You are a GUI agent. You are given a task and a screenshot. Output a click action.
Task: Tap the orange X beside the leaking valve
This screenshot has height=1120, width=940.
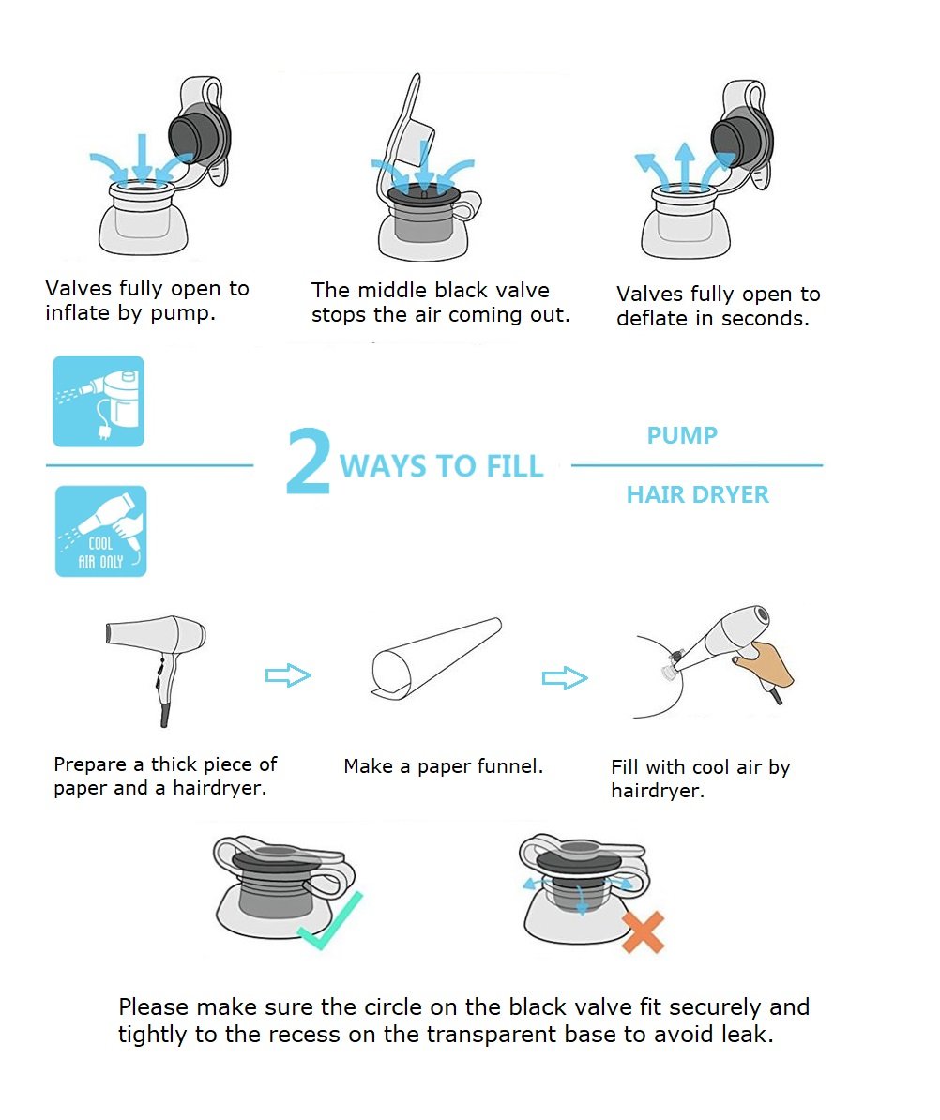click(x=644, y=932)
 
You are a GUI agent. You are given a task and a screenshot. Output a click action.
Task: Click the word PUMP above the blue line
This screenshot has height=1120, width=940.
click(x=682, y=435)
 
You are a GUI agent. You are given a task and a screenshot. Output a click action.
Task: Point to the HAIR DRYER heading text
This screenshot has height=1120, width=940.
click(x=698, y=494)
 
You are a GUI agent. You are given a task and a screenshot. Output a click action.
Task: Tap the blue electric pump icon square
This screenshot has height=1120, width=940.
click(x=99, y=401)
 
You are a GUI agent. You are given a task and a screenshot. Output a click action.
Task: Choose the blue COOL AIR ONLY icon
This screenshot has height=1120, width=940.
click(x=100, y=532)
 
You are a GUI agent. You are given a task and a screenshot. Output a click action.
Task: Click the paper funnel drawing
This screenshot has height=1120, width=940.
click(x=435, y=658)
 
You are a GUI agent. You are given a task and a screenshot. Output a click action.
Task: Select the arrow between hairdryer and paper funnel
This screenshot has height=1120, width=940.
click(x=288, y=675)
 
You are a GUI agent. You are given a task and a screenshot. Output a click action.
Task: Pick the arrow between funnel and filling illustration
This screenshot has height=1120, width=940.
click(x=565, y=678)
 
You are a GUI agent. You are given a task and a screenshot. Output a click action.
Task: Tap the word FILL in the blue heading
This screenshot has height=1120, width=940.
click(x=514, y=466)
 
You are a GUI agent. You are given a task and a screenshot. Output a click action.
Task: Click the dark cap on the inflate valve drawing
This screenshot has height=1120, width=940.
click(x=199, y=133)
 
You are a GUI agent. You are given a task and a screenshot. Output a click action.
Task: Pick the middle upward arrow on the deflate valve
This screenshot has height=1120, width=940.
click(x=684, y=166)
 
